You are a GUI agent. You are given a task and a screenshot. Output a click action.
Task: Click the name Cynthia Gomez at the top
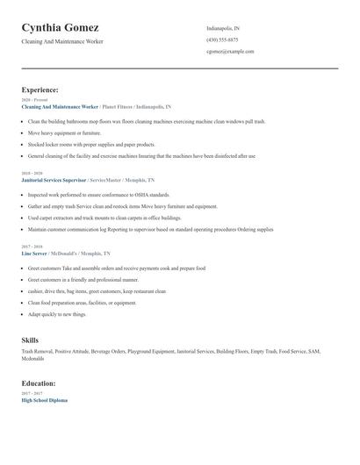60,28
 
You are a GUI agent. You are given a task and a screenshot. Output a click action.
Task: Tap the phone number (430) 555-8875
222,39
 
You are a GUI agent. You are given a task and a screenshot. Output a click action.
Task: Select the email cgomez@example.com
230,51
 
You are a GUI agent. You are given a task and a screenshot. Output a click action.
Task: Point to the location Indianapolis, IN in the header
223,28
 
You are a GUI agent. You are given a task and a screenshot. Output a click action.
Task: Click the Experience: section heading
40,89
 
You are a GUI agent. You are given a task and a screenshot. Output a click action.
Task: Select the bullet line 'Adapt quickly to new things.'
57,313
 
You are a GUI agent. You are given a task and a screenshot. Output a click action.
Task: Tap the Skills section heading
31,340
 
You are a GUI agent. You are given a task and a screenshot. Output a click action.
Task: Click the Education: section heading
39,383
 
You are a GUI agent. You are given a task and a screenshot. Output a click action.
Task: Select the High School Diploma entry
45,400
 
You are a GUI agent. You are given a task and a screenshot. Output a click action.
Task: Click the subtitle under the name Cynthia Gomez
62,41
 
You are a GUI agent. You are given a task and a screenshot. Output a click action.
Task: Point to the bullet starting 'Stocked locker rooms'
92,144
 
